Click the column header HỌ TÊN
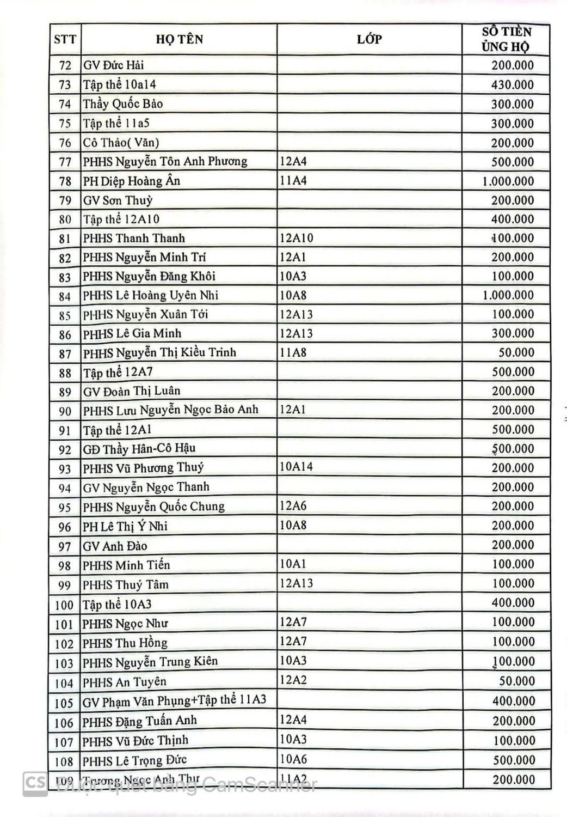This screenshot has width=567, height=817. (x=179, y=39)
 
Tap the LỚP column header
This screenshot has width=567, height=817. (x=369, y=39)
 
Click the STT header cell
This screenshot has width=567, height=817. (x=65, y=40)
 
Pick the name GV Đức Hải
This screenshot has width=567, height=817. (x=114, y=65)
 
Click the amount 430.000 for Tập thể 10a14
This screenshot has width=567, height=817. (x=512, y=85)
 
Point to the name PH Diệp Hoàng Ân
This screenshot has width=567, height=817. (x=131, y=181)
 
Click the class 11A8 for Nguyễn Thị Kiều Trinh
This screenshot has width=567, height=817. (x=293, y=352)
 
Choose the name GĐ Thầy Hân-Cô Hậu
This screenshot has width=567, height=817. (x=139, y=449)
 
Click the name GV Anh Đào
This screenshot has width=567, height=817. (x=115, y=546)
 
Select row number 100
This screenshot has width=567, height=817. (x=64, y=605)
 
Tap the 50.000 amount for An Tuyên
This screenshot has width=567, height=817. (x=516, y=681)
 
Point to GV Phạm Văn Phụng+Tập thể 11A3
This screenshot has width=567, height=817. (x=174, y=701)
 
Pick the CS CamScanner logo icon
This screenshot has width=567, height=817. (x=35, y=784)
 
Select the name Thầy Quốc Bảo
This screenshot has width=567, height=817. (x=123, y=104)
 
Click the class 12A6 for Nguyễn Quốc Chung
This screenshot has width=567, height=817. (x=293, y=505)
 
